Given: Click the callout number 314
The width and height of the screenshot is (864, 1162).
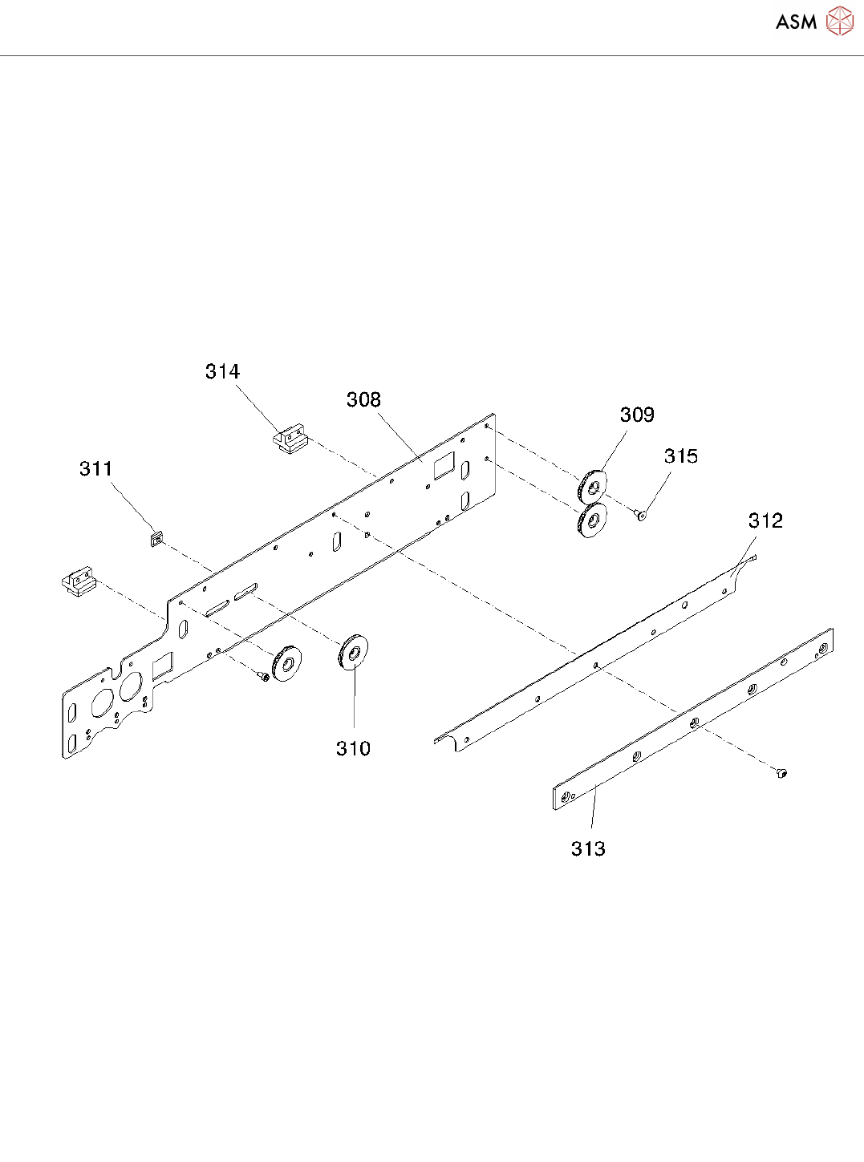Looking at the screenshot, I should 222,371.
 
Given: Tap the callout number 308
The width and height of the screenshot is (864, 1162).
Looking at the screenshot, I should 363,399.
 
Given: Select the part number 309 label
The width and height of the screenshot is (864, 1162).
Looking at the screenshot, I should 637,415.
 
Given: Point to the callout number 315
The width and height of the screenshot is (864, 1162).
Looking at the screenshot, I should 681,456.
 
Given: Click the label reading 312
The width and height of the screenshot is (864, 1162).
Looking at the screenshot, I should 765,520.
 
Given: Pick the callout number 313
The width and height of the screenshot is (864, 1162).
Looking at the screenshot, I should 588,848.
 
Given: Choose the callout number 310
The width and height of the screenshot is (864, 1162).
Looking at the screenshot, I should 353,748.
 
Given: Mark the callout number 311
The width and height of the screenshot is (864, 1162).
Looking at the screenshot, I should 95,468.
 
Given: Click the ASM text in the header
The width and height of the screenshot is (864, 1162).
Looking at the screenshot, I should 796,22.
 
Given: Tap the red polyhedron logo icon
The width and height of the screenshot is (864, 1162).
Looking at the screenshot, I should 840,22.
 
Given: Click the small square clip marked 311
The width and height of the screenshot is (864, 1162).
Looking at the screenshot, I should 156,536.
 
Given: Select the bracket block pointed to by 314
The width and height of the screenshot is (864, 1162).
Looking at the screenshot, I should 290,440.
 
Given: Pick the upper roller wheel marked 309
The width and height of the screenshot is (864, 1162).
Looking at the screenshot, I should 592,485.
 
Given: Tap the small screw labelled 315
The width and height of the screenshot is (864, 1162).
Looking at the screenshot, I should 640,514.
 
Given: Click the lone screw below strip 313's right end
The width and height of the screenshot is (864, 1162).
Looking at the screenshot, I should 782,773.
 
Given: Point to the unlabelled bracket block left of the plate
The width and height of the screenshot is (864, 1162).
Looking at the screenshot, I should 79,582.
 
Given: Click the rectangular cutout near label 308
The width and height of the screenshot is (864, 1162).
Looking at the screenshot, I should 444,466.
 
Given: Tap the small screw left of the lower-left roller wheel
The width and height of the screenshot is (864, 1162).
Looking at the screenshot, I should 263,678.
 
